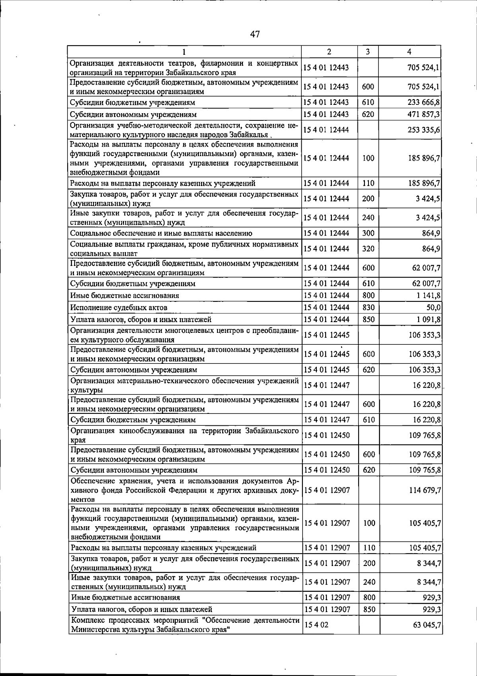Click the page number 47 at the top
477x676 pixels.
pyautogui.click(x=255, y=34)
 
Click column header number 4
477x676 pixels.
pyautogui.click(x=409, y=52)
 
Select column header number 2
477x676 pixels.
pyautogui.click(x=329, y=52)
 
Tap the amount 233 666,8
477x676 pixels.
pyautogui.click(x=424, y=102)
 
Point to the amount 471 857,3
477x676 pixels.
pyautogui.click(x=424, y=114)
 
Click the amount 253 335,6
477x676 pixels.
pyautogui.click(x=424, y=130)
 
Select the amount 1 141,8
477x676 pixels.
pyautogui.click(x=429, y=296)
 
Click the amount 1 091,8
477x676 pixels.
pyautogui.click(x=429, y=319)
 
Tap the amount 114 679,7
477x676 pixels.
pyautogui.click(x=425, y=490)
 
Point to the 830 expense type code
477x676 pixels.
pyautogui.click(x=368, y=307)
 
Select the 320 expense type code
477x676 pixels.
pyautogui.click(x=368, y=249)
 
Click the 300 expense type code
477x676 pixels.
pyautogui.click(x=368, y=233)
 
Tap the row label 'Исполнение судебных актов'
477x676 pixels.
pyautogui.click(x=118, y=307)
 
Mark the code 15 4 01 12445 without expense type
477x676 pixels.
pyautogui.click(x=326, y=335)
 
